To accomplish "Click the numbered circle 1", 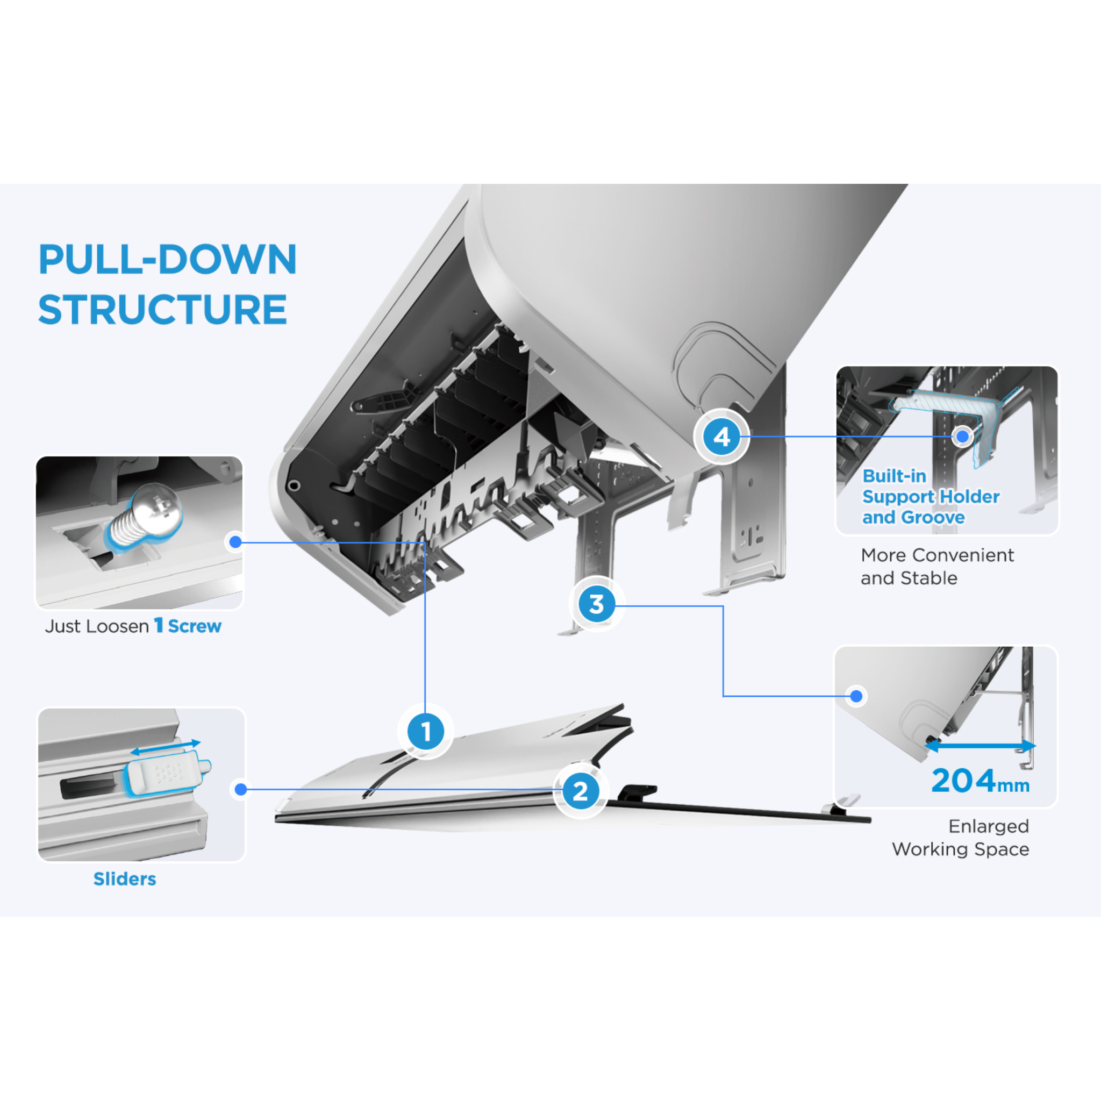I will (426, 731).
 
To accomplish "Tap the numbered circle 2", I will (580, 791).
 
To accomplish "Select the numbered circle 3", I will (596, 604).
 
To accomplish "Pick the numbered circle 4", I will (721, 437).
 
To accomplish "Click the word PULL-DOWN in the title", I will (168, 259).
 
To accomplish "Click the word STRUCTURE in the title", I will (162, 310).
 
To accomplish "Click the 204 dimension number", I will (963, 781).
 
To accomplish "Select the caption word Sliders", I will (125, 879).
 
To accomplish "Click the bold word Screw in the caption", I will (194, 626).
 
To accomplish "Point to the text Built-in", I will (894, 476).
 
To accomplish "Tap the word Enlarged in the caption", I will (988, 826).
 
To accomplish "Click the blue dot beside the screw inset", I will (235, 542).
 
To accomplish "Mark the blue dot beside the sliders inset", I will (241, 789).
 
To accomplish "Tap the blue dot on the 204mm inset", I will (856, 696).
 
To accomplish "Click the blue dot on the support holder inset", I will (962, 437).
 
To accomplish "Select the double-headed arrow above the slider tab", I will (165, 747).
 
